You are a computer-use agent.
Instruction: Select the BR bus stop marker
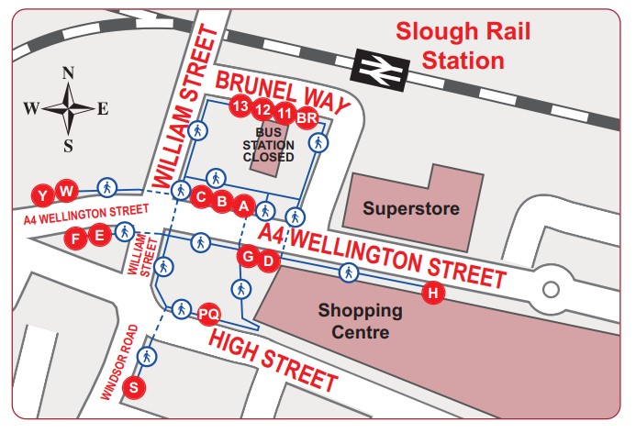[307, 117]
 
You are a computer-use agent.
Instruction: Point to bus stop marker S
[136, 387]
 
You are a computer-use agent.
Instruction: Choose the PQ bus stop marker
[208, 315]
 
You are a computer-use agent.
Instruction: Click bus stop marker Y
[42, 194]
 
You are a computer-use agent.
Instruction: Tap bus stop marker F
[78, 238]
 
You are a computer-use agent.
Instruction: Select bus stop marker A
[243, 205]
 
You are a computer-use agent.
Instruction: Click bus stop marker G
[247, 257]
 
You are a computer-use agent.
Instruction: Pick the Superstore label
[410, 208]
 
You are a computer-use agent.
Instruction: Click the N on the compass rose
[67, 74]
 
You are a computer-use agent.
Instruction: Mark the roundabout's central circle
[551, 290]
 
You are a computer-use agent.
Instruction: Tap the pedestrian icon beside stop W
[106, 188]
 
